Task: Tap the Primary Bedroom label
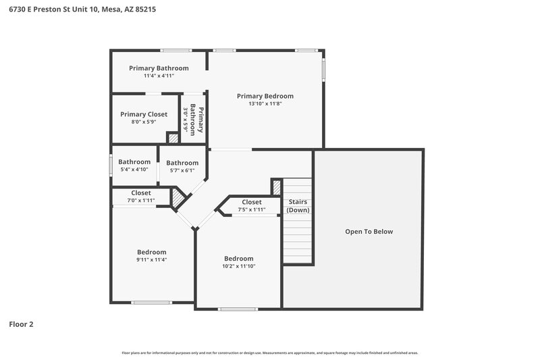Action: (x=265, y=96)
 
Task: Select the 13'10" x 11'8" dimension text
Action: (x=265, y=104)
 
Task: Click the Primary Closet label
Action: (x=144, y=114)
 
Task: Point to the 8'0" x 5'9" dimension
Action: (x=144, y=122)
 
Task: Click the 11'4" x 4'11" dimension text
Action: (x=159, y=76)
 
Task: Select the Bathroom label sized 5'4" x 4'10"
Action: (x=134, y=162)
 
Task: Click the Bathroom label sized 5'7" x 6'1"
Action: (x=182, y=163)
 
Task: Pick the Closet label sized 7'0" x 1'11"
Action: (x=141, y=193)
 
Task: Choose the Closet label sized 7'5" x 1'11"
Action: (x=251, y=202)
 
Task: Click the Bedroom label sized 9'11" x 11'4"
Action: (x=151, y=252)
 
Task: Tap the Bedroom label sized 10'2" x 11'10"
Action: (x=239, y=259)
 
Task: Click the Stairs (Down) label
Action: (x=298, y=206)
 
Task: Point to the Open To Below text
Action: (x=369, y=232)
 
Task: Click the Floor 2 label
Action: (x=21, y=324)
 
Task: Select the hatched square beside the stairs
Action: (x=276, y=187)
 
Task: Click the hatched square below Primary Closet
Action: (x=173, y=138)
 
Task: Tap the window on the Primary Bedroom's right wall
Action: (x=323, y=70)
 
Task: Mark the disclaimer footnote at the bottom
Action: (x=269, y=353)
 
